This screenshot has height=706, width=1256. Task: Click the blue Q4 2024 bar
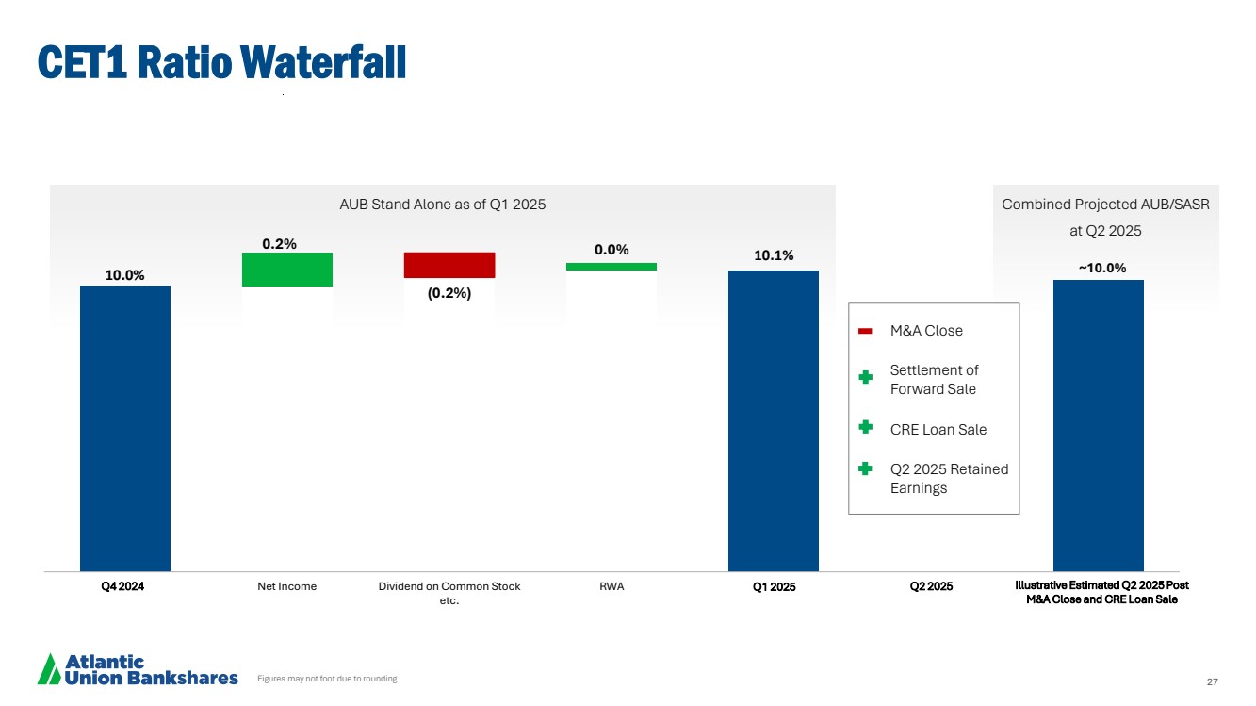pos(125,428)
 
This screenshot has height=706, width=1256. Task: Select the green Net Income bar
pos(287,270)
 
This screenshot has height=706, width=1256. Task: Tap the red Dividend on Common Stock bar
pos(449,265)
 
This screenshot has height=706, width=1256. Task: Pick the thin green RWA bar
pos(612,267)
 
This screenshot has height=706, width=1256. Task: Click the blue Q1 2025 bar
pos(774,420)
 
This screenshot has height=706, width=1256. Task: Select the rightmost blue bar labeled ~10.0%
pos(1098,425)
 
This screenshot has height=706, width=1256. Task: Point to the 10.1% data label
pos(774,255)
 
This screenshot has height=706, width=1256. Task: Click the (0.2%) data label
pos(449,293)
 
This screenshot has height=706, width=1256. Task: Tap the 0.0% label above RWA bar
pos(612,250)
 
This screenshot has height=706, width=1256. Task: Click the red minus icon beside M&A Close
pos(866,331)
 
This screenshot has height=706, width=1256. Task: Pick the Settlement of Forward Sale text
pos(934,380)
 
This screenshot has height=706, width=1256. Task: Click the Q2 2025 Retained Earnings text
pos(949,478)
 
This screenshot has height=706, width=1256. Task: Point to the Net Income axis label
pos(287,586)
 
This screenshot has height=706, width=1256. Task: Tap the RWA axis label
pos(612,586)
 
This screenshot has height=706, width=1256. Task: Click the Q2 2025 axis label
pos(932,586)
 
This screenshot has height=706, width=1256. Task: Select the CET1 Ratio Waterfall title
pos(221,62)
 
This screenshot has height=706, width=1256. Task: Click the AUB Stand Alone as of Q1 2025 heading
pos(442,205)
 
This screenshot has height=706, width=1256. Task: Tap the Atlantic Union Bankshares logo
pos(138,669)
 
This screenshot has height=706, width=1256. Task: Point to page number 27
pos(1213,681)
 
